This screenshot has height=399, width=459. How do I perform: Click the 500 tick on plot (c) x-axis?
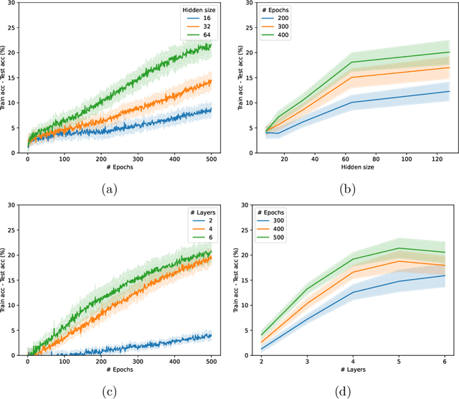click(x=210, y=360)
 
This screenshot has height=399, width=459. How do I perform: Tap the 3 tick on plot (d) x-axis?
click(x=308, y=360)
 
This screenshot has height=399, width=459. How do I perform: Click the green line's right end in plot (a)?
click(x=211, y=46)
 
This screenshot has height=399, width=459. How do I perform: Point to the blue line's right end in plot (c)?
click(x=211, y=335)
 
